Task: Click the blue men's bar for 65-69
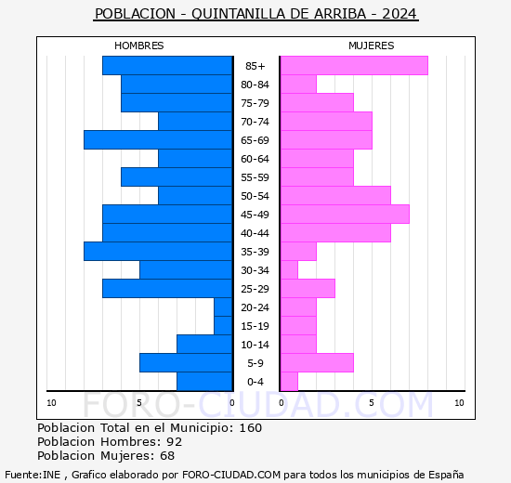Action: (158, 139)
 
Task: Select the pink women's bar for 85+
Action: (353, 65)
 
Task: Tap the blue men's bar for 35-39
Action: (158, 251)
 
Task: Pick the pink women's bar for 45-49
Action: (344, 214)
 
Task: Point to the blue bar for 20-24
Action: (223, 307)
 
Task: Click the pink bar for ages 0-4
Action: (289, 381)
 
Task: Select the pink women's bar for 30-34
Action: (289, 269)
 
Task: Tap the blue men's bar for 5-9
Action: (186, 362)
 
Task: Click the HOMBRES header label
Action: (138, 46)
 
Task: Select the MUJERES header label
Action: (371, 46)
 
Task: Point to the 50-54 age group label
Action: (255, 196)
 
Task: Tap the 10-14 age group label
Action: (255, 345)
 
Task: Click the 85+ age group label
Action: (255, 66)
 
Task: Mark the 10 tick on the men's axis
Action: (52, 402)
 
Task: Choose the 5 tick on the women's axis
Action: (371, 402)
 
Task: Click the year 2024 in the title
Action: (400, 14)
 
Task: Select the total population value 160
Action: (250, 428)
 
